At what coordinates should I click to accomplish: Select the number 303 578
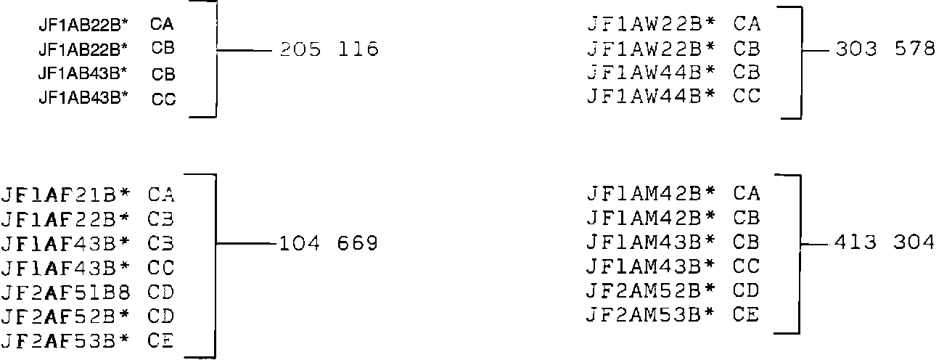click(885, 50)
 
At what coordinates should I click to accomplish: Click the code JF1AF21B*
click(67, 195)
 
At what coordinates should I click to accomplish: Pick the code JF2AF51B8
click(67, 292)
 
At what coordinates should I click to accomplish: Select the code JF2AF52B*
click(67, 316)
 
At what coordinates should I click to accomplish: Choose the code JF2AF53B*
click(67, 340)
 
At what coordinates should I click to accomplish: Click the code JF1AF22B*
click(67, 219)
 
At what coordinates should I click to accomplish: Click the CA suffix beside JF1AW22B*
click(747, 25)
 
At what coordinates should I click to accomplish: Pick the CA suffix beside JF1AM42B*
click(747, 195)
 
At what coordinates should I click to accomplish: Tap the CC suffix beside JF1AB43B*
click(164, 99)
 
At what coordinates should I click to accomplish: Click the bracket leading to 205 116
click(216, 58)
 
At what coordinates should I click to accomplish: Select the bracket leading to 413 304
click(800, 254)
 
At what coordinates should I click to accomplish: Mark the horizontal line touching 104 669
click(246, 244)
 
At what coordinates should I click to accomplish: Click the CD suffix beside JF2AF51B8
click(161, 292)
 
